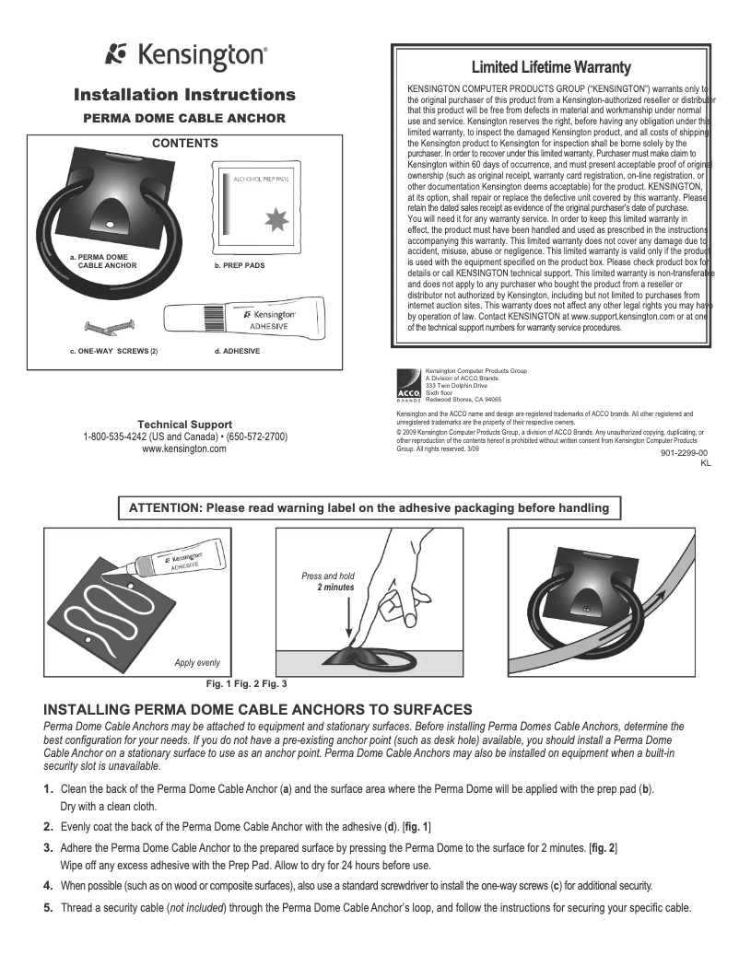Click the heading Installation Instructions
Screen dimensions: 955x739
184,95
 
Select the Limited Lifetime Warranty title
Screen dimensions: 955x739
551,67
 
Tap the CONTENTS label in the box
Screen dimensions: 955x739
184,144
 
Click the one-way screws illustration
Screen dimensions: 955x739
110,325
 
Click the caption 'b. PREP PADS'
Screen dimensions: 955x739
239,265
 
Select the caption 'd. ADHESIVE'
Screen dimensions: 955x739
236,352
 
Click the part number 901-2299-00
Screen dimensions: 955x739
684,453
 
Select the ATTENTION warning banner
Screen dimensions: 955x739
368,508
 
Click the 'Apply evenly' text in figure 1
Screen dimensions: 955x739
197,663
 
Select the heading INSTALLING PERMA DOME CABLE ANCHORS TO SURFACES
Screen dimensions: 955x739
258,709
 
